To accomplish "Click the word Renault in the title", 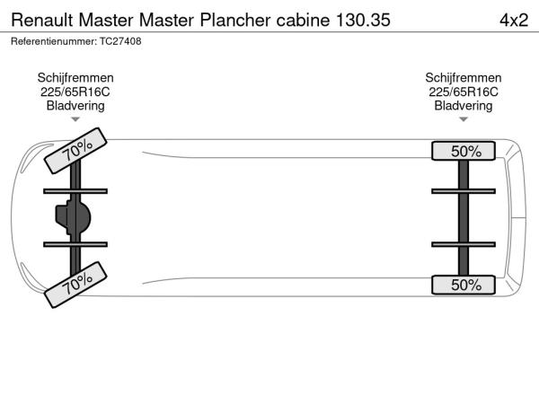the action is (42, 20).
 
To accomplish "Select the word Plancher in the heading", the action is (235, 20).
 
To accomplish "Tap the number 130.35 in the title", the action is (363, 20).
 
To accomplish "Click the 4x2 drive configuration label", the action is (514, 21).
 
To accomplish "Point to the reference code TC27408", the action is (120, 41).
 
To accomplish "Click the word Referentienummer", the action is (54, 41).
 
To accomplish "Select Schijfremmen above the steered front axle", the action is (75, 78).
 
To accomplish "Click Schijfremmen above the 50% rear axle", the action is (463, 78).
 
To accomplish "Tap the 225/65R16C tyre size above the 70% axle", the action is (75, 92).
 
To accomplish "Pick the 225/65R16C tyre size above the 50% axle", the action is (463, 92).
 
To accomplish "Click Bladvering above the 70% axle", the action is (75, 106).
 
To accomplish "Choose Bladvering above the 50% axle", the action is (463, 106).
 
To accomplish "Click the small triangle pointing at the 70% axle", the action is (75, 119).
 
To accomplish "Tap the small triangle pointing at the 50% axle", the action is (464, 119).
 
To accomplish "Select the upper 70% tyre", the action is (75, 151).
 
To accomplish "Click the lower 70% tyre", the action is (75, 285).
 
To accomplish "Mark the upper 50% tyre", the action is (464, 151).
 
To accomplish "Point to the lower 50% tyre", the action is (464, 285).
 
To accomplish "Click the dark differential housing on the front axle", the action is (73, 217).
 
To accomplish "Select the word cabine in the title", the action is (303, 20).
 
